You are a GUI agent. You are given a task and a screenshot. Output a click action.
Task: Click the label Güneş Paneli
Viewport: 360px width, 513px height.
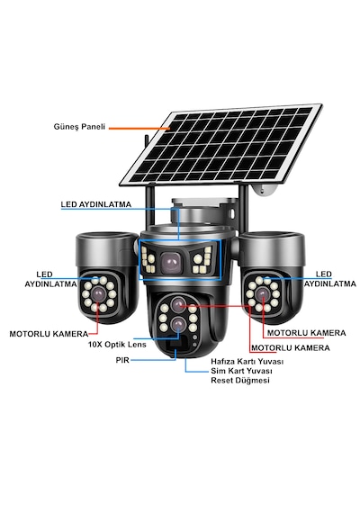pyautogui.click(x=79, y=127)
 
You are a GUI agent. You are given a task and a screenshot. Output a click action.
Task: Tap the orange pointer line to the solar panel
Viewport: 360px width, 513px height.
pyautogui.click(x=139, y=128)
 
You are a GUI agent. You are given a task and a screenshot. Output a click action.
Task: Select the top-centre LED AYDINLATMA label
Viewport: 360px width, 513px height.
pyautogui.click(x=96, y=204)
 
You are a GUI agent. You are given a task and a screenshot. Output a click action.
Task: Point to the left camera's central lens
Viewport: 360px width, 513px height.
pyautogui.click(x=98, y=293)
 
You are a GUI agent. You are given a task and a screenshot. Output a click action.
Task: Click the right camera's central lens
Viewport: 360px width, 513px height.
pyautogui.click(x=263, y=293)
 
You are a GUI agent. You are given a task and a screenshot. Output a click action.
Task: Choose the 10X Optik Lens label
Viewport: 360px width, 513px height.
pyautogui.click(x=117, y=345)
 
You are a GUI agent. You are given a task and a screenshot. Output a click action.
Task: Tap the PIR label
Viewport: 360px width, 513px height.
pyautogui.click(x=122, y=360)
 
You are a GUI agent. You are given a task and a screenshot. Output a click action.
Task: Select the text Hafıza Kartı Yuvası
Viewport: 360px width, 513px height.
pyautogui.click(x=247, y=362)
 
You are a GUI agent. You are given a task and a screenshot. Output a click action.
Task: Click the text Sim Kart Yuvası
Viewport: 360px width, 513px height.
pyautogui.click(x=241, y=371)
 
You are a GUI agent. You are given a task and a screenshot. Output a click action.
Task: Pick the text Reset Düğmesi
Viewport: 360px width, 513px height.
pyautogui.click(x=240, y=381)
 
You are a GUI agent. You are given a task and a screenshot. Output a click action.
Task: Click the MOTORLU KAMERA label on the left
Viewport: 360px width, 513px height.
pyautogui.click(x=49, y=334)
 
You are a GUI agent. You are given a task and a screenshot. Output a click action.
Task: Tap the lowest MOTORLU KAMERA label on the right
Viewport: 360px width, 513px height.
pyautogui.click(x=291, y=347)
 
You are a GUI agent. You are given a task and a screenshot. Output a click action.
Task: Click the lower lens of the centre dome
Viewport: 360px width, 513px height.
pyautogui.click(x=177, y=324)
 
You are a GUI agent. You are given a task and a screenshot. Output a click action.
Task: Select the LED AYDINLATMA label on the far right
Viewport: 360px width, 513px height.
pyautogui.click(x=330, y=279)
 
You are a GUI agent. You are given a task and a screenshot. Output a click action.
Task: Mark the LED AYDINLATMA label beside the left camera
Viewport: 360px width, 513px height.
pyautogui.click(x=50, y=279)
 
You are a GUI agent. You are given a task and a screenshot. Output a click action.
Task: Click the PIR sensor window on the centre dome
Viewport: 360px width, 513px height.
pyautogui.click(x=175, y=344)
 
